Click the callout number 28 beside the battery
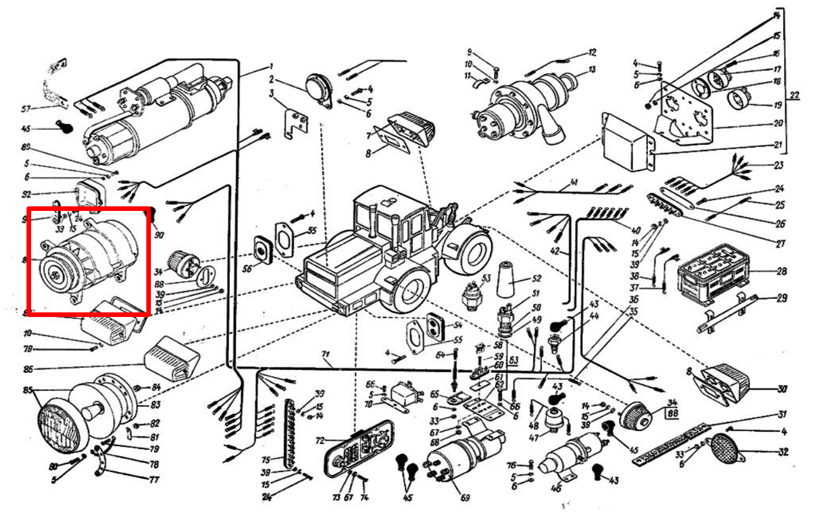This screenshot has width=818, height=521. pos(782,271)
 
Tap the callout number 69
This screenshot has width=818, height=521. pos(465,498)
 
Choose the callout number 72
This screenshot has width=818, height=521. pos(320,441)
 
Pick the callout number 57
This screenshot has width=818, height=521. pos(25,108)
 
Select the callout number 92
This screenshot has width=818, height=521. pos(26,194)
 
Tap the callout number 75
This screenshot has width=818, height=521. pos(266,460)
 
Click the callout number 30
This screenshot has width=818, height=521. pos(781,390)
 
